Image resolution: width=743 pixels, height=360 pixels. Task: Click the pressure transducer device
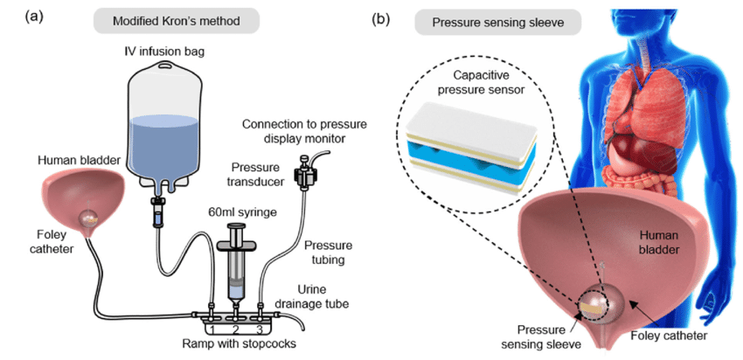coord(305,174)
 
